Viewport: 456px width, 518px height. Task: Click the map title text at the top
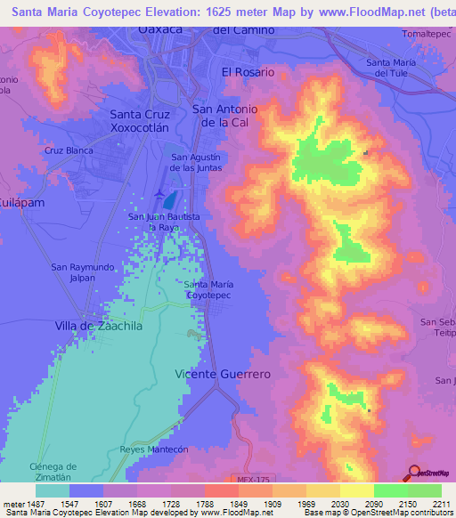click(x=228, y=11)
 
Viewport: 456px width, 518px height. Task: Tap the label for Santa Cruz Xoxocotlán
click(x=144, y=121)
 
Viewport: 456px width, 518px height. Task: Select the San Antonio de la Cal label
click(x=225, y=115)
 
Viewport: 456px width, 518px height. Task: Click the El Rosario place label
click(x=248, y=72)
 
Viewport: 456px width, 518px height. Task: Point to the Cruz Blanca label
click(x=69, y=150)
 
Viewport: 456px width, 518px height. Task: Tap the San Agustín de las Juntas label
click(x=201, y=162)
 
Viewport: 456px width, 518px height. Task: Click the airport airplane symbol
click(x=159, y=193)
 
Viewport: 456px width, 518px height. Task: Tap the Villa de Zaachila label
click(x=98, y=327)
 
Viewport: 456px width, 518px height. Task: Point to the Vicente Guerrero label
click(x=222, y=374)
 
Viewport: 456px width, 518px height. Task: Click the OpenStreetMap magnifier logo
click(x=414, y=473)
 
